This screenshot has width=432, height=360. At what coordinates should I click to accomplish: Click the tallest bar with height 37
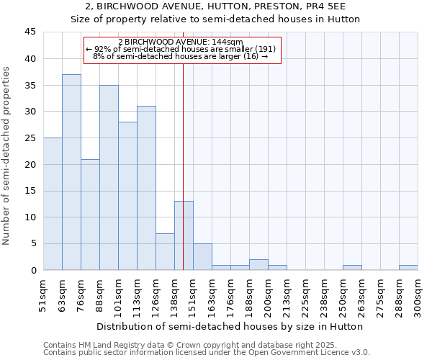71,172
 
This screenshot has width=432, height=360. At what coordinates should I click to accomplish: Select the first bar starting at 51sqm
53,204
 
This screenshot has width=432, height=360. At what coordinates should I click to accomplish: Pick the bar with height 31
146,188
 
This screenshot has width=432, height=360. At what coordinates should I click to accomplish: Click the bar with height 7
165,251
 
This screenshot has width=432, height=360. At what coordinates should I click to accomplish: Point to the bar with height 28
127,196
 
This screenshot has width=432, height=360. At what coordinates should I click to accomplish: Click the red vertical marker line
184,144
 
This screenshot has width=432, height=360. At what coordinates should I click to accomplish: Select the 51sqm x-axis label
43,294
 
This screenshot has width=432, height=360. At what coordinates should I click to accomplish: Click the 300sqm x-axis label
418,294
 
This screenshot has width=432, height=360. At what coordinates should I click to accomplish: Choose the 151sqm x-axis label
193,294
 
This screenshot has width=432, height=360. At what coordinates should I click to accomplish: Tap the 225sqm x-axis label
305,294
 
